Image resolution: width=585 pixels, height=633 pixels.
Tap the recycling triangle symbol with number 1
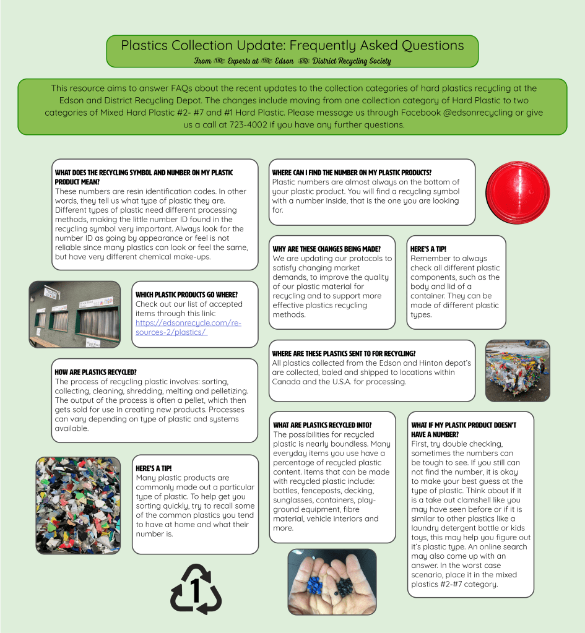point(196,589)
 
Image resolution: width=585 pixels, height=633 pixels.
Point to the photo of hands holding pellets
point(332,582)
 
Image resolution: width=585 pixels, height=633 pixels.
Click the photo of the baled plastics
point(518,371)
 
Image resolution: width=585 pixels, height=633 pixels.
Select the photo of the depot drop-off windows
point(75,314)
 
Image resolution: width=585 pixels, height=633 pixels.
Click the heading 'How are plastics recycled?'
point(96,372)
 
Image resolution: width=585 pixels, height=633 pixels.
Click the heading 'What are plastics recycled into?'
point(323,425)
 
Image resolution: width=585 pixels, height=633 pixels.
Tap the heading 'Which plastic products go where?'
point(186,295)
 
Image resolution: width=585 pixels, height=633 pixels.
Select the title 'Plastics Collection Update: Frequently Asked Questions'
point(292,45)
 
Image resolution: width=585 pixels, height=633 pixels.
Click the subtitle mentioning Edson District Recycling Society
point(292,61)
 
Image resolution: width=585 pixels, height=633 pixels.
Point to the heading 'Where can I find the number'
point(352,172)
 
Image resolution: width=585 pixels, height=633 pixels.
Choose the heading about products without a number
point(464,429)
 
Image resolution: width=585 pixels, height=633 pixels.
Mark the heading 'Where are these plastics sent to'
point(344,353)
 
